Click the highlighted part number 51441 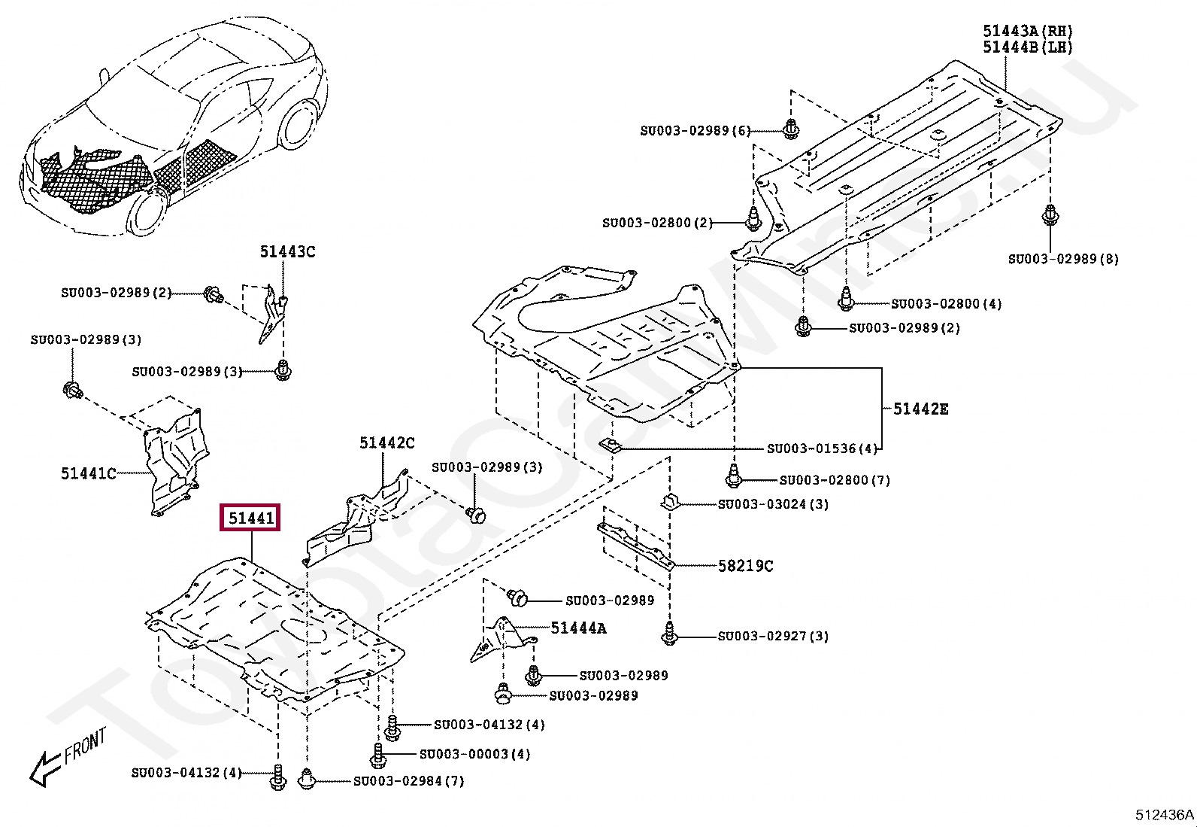(250, 517)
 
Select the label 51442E (921, 409)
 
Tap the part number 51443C (287, 251)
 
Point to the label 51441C (88, 473)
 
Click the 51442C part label (387, 442)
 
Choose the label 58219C (745, 565)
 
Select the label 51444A (578, 628)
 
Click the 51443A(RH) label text (1028, 31)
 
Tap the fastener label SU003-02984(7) (409, 781)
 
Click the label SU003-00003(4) (474, 754)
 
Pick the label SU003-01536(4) (823, 448)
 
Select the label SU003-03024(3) (773, 504)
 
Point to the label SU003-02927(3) (773, 636)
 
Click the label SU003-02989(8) (1063, 259)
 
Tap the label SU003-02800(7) (835, 480)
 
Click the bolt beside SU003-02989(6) (791, 129)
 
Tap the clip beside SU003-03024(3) (670, 502)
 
